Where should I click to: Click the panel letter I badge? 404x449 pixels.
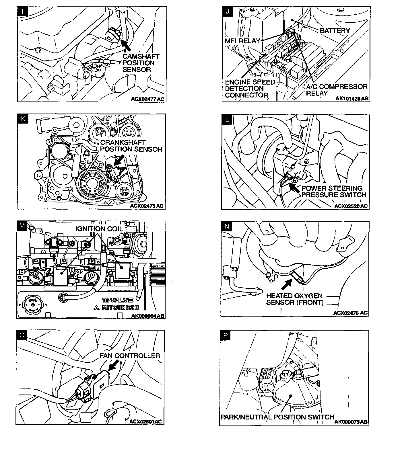tap(23, 12)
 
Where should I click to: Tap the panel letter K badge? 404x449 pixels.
tap(23, 118)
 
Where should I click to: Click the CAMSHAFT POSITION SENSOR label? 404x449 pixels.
tap(141, 63)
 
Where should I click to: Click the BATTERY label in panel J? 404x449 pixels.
tap(335, 30)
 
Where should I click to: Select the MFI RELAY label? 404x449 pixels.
tap(242, 41)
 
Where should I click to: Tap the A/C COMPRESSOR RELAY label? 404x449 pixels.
tap(337, 90)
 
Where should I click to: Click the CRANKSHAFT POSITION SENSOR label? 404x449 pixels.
tap(131, 146)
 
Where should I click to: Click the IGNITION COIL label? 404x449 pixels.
tap(99, 229)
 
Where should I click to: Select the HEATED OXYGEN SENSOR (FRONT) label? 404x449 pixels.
tap(294, 299)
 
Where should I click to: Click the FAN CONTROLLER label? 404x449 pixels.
tap(130, 356)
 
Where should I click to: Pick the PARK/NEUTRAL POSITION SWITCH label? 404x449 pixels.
tap(277, 417)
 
